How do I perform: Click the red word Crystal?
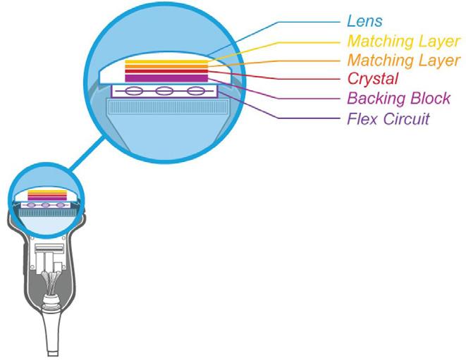(x=373, y=78)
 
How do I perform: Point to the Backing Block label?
(x=398, y=98)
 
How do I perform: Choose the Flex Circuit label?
(x=388, y=118)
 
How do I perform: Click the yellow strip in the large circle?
(x=166, y=62)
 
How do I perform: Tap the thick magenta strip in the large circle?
(x=166, y=78)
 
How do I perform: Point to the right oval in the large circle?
(x=194, y=91)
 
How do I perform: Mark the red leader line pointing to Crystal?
(x=282, y=78)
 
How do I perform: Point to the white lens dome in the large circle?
(x=113, y=70)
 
